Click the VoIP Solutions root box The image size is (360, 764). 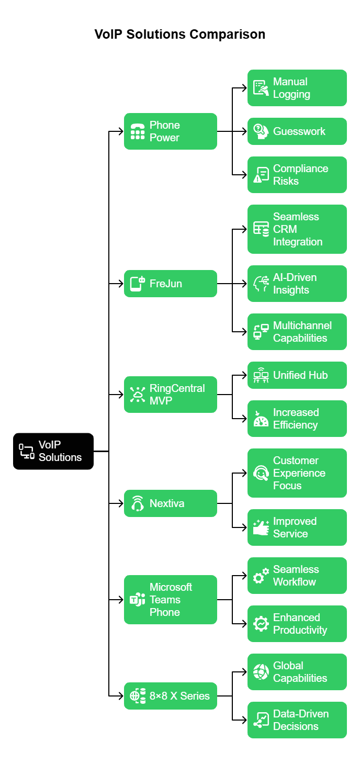53,451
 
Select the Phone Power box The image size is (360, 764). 171,131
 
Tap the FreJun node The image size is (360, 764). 171,284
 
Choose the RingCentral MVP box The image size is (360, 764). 171,395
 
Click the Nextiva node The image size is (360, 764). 171,503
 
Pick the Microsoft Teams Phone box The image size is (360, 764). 171,600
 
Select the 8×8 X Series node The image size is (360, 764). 171,696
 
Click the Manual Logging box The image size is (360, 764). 297,88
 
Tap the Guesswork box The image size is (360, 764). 297,131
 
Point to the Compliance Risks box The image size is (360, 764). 297,175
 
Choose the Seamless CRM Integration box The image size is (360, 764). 297,229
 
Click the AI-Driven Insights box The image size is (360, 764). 297,284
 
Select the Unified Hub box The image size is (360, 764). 297,375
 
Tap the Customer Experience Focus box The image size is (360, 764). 297,473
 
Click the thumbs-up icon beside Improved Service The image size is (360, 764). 261,527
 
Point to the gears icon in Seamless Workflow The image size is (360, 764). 261,576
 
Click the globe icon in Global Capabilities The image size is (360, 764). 261,672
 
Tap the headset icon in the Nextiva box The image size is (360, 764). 138,503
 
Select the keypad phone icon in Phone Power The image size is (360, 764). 138,131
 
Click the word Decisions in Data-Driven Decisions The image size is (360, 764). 296,726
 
